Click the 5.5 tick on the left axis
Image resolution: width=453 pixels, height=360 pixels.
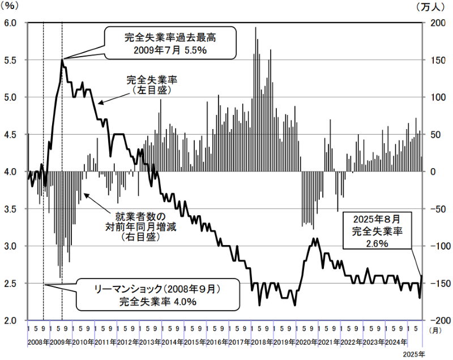pos(12,60)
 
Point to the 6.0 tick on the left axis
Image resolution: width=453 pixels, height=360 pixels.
pos(12,23)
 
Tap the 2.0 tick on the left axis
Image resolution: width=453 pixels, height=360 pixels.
pos(12,320)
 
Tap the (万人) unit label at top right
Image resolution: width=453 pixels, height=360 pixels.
pos(438,7)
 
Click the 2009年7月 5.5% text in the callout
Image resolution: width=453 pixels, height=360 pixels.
pos(170,50)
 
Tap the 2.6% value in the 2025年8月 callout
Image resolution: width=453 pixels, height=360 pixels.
pos(376,244)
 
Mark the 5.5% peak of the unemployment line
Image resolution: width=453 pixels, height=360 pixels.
pos(62,59)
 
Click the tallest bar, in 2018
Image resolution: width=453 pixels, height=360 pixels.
pos(255,27)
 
